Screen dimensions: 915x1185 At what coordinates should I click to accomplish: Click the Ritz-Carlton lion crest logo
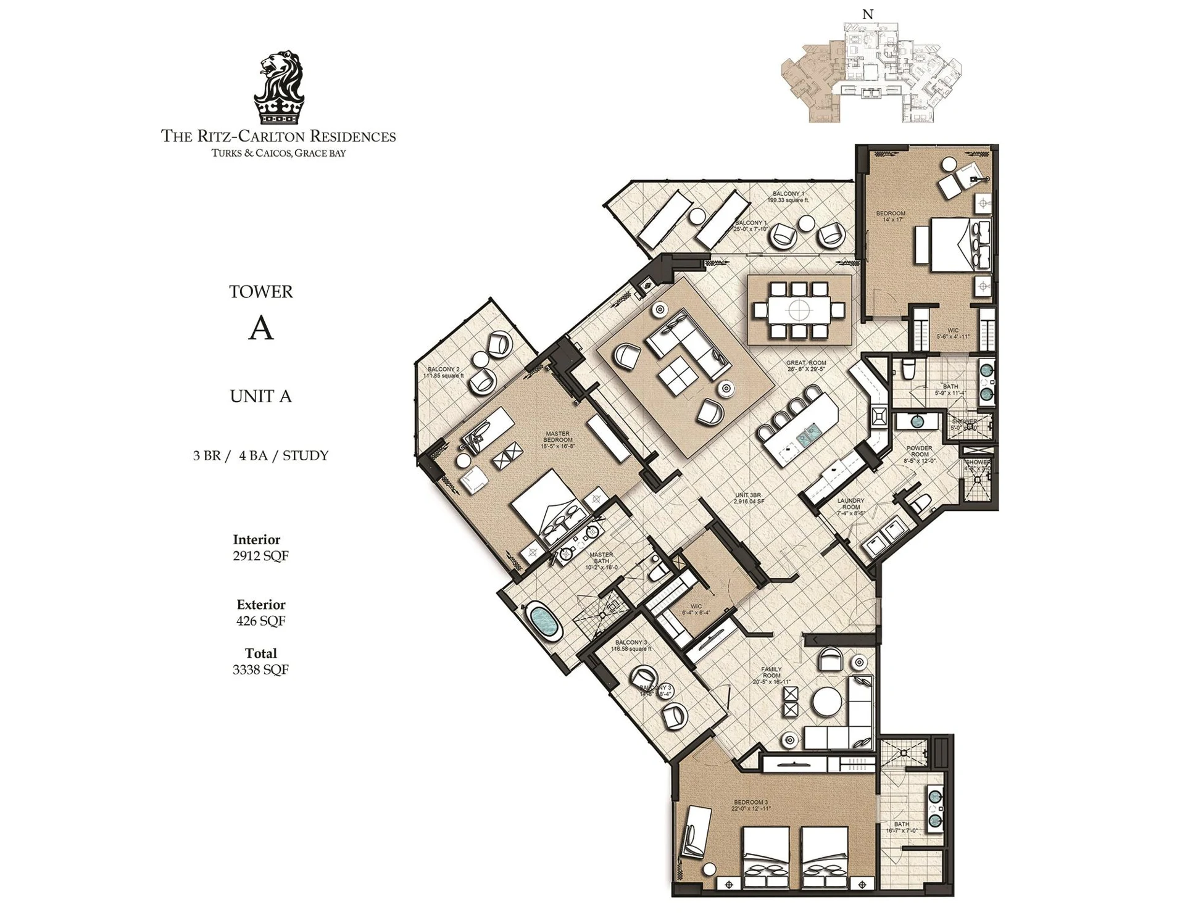(x=279, y=88)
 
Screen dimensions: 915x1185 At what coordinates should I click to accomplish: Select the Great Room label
(x=805, y=366)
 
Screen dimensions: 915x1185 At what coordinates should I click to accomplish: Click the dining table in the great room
(x=799, y=309)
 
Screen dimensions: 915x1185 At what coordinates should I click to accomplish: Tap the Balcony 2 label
(x=443, y=372)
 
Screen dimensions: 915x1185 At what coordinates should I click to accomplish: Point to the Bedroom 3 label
(x=750, y=805)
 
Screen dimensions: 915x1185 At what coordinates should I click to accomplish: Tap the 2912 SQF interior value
(x=260, y=555)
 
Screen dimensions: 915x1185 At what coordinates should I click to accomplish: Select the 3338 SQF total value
(x=260, y=669)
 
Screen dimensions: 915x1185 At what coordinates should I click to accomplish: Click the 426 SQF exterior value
(x=260, y=621)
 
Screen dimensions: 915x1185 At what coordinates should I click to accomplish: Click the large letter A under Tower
(x=260, y=329)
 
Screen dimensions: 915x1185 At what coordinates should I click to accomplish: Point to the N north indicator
(x=868, y=14)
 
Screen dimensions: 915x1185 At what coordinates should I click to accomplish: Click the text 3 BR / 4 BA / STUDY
(x=260, y=455)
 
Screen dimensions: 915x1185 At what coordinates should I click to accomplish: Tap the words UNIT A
(x=260, y=396)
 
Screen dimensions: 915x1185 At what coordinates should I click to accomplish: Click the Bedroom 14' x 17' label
(x=891, y=216)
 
